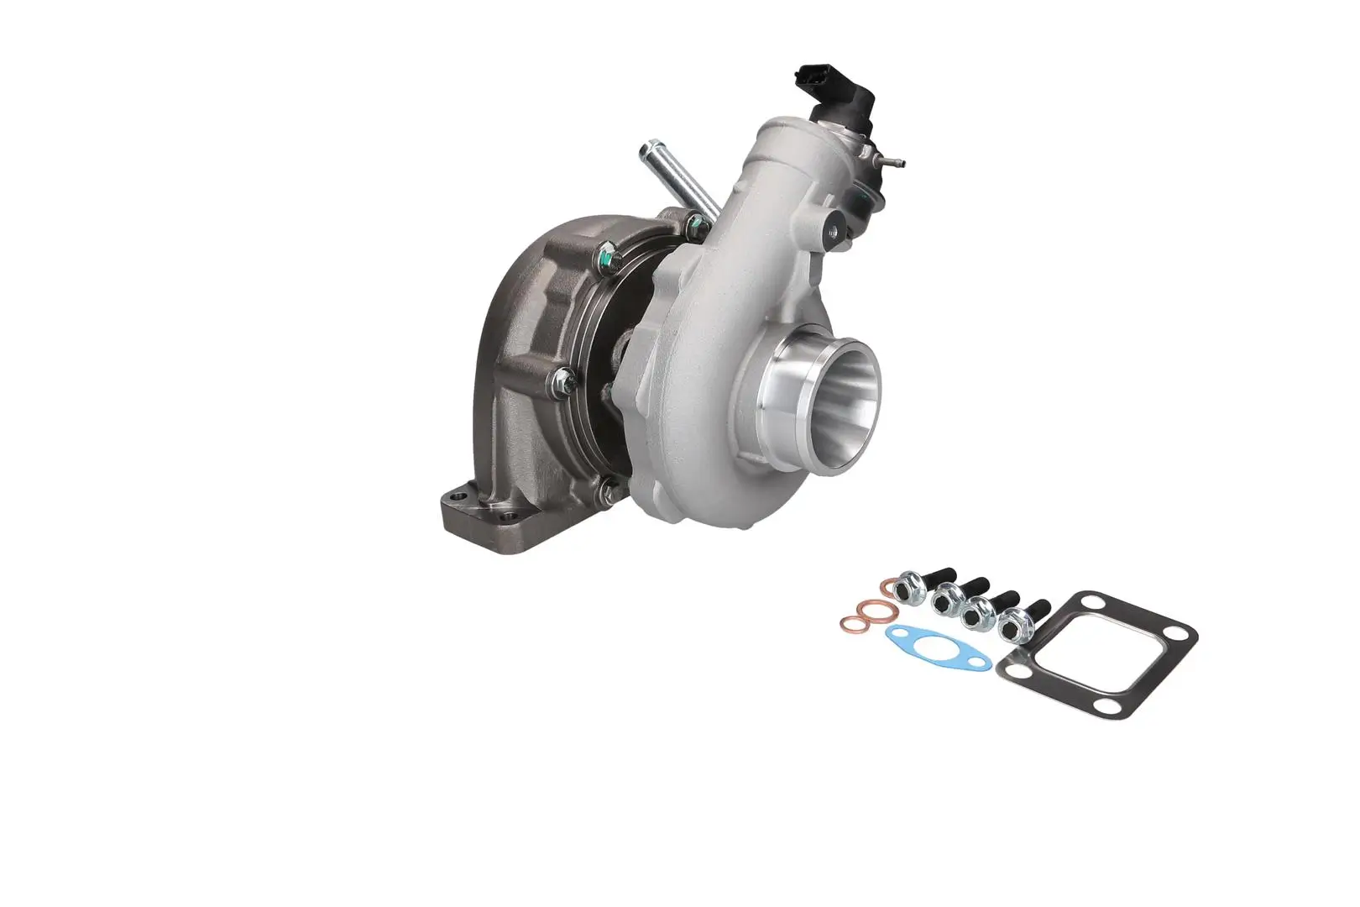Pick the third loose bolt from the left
[977, 614]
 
